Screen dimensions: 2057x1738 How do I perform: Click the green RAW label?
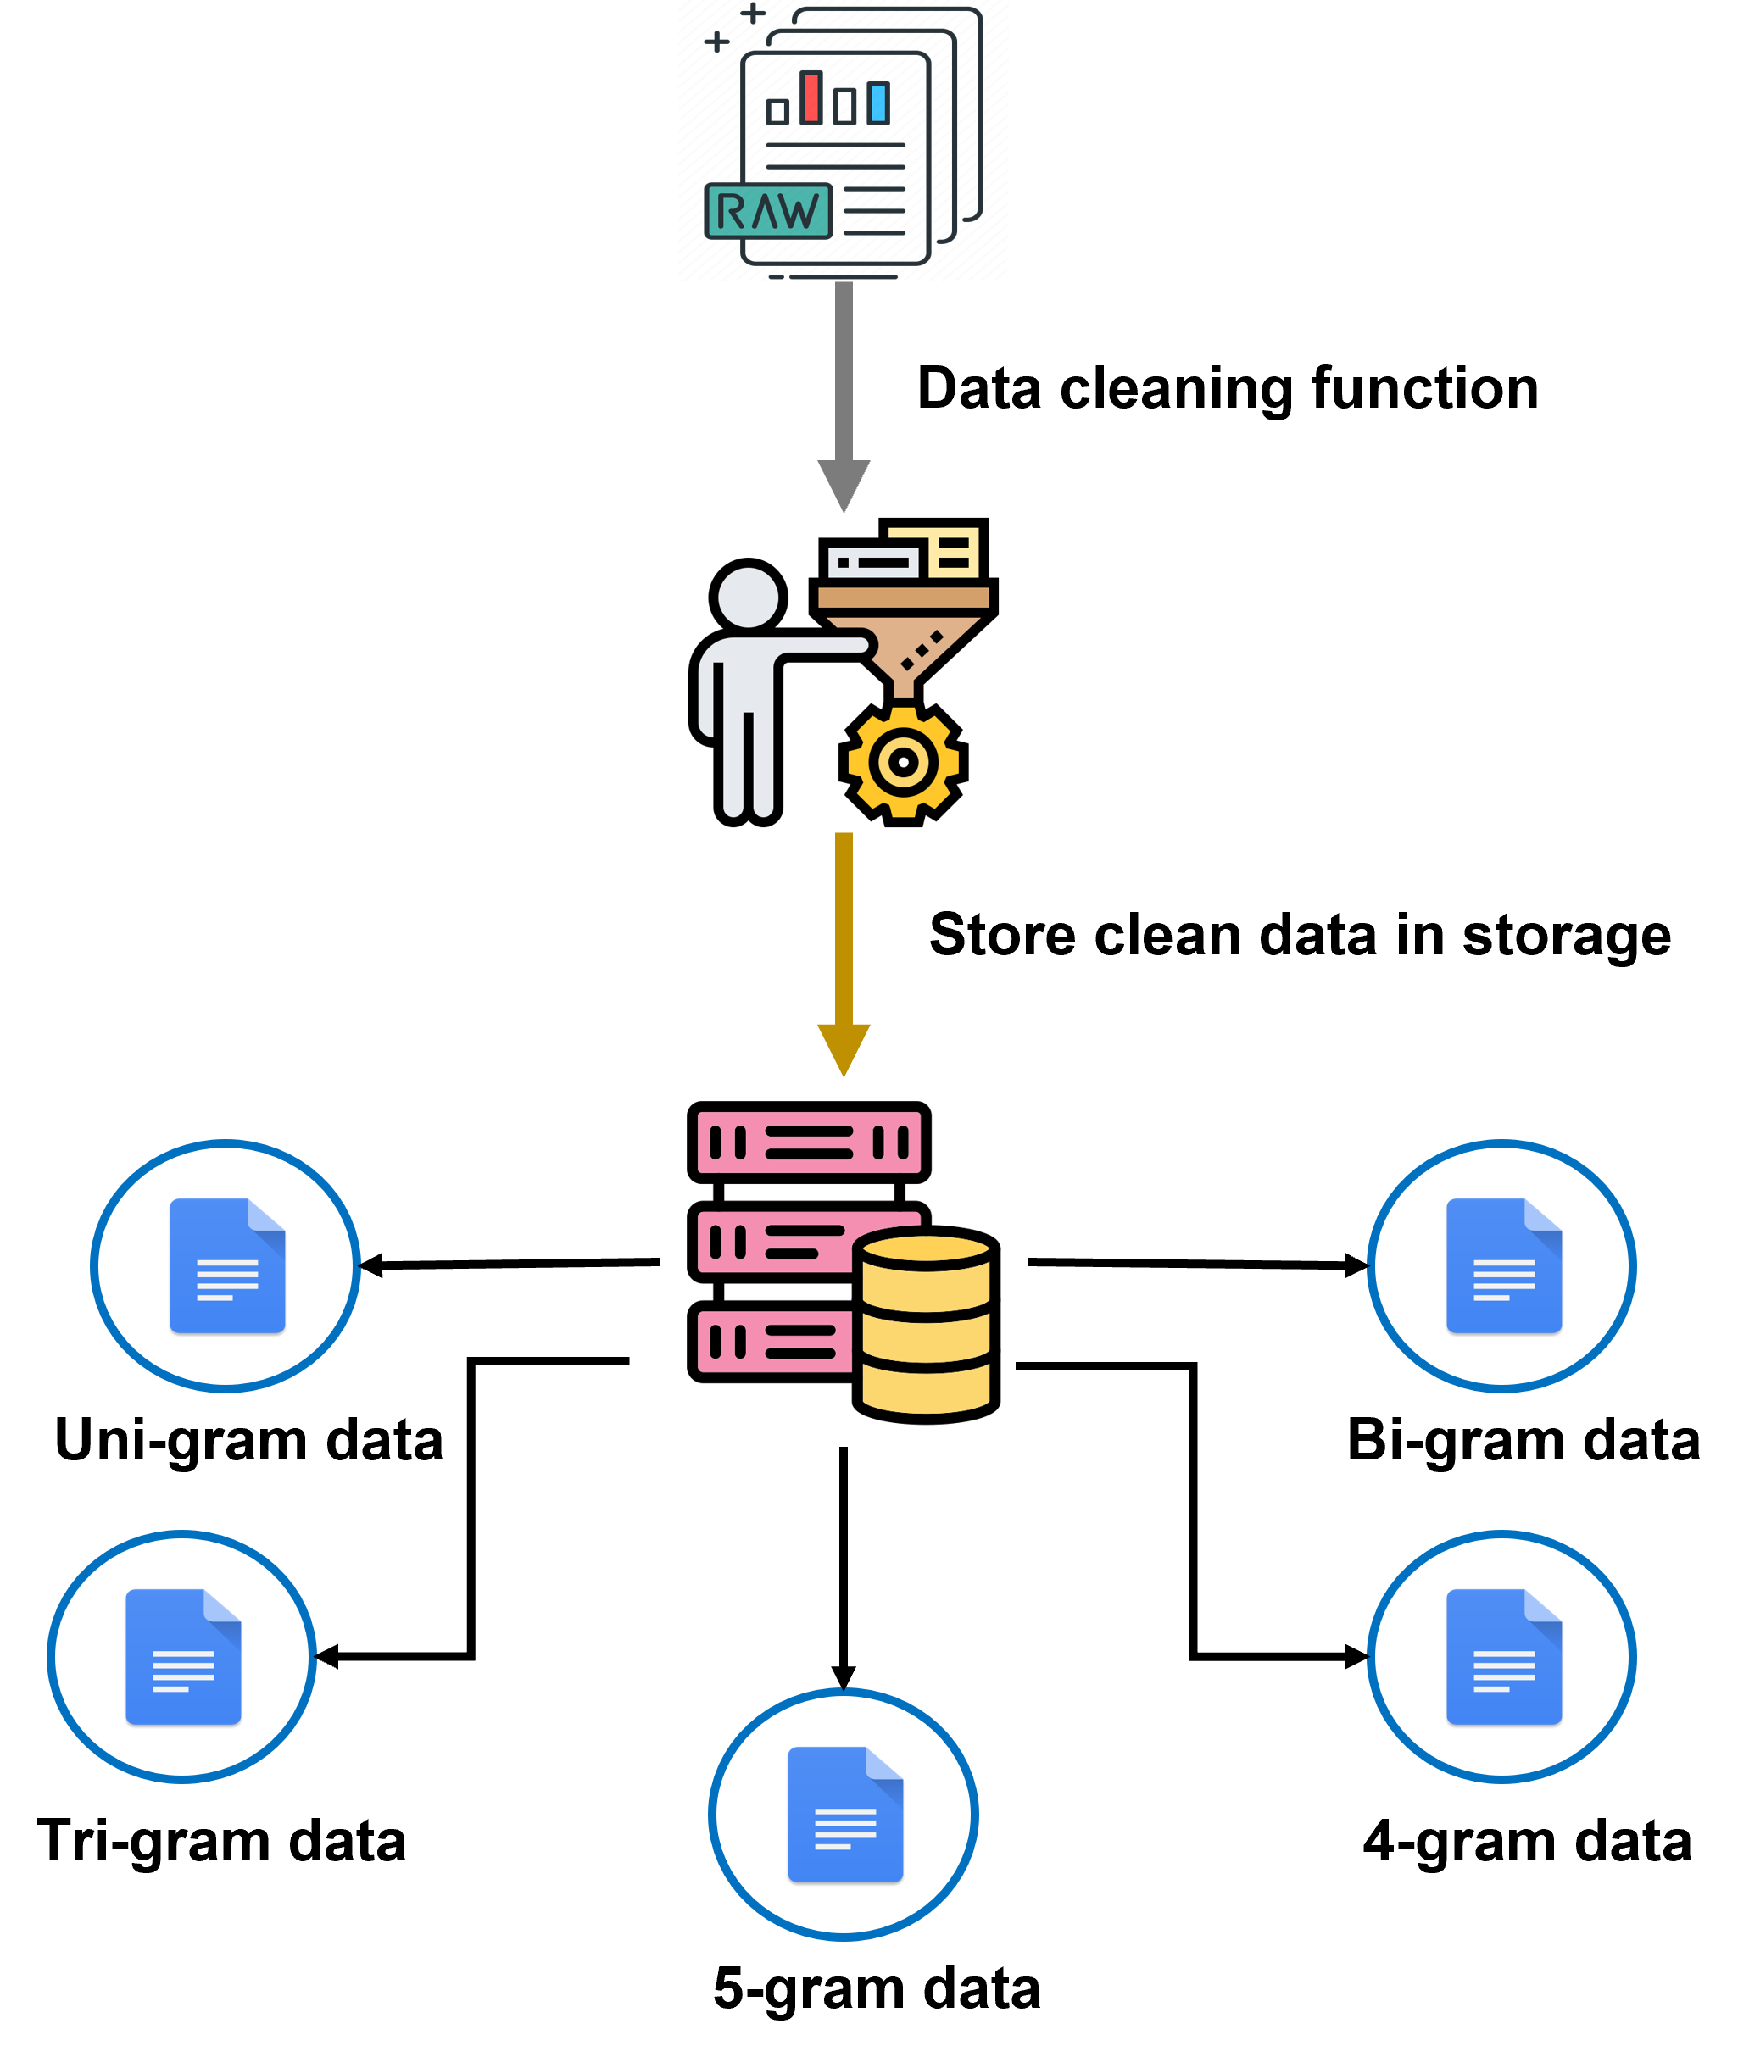tap(768, 211)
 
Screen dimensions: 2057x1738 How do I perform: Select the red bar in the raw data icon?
tap(811, 97)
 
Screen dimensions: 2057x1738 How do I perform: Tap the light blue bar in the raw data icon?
tap(877, 103)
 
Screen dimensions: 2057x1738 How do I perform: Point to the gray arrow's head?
tap(844, 483)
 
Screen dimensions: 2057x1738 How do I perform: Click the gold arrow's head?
tap(844, 1048)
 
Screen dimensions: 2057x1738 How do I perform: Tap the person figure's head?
tap(748, 597)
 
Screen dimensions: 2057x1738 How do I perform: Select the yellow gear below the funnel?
tap(904, 762)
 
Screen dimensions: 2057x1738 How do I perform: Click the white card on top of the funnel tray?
tap(873, 563)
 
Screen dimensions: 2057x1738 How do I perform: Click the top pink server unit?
tap(809, 1142)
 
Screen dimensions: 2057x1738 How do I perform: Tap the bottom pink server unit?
tap(774, 1341)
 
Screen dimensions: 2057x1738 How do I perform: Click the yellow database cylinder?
tap(925, 1325)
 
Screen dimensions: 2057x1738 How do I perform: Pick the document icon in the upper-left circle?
tap(227, 1266)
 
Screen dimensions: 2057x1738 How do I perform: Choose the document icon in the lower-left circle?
tap(183, 1657)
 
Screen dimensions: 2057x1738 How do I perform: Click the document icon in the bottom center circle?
tap(845, 1815)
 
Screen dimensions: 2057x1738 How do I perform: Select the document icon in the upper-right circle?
tap(1503, 1266)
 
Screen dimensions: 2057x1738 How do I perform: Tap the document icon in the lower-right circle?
tap(1503, 1657)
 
